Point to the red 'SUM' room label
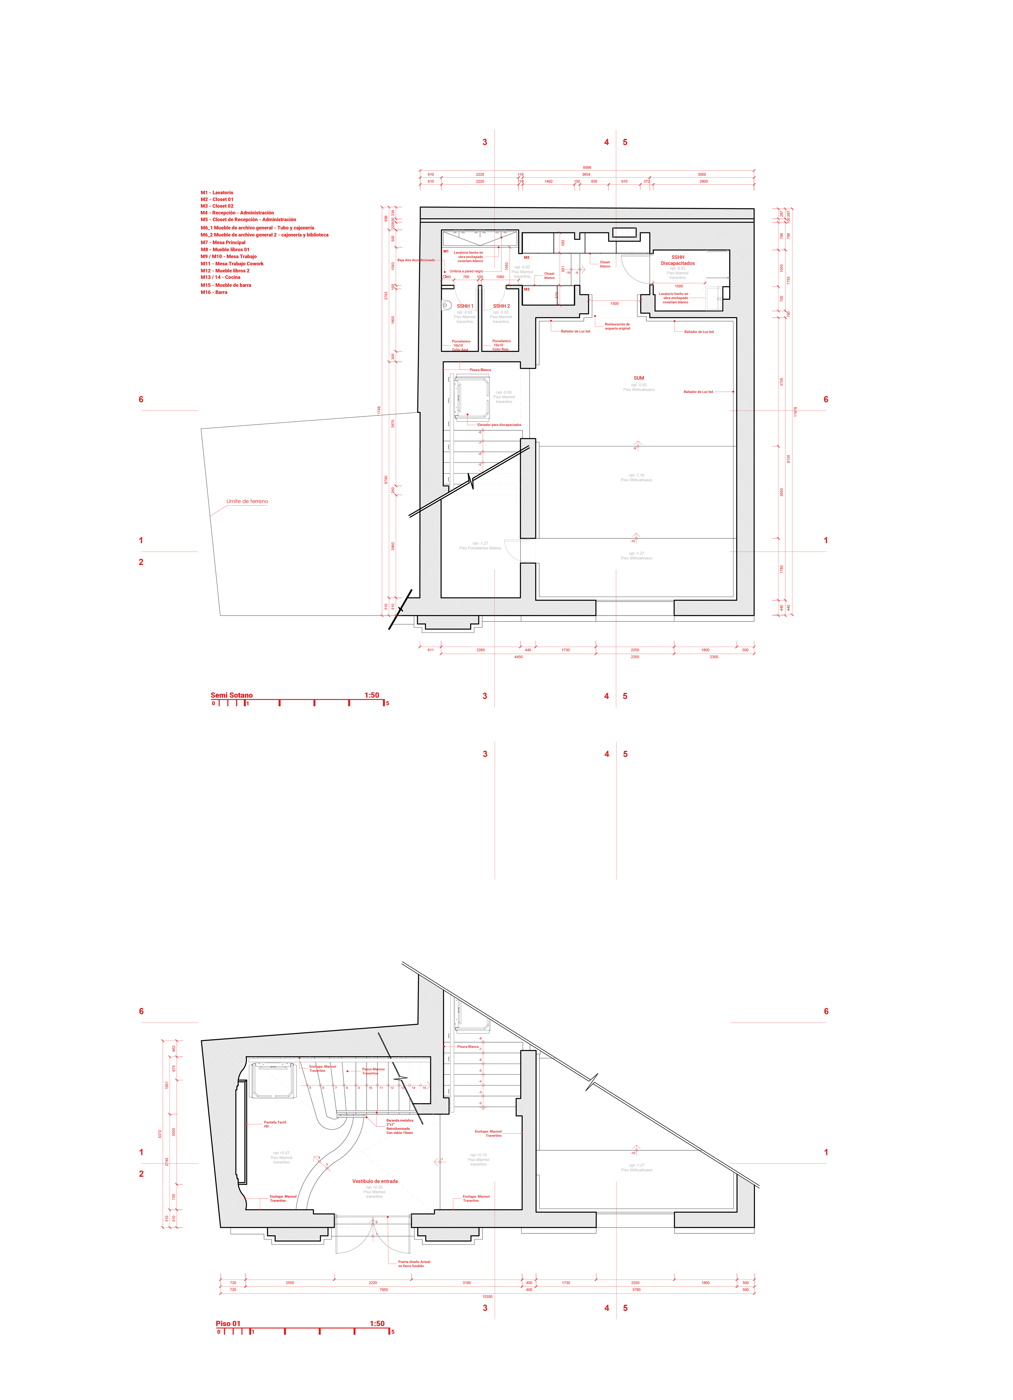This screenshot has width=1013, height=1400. click(x=639, y=378)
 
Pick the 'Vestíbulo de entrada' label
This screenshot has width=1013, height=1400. click(x=374, y=1181)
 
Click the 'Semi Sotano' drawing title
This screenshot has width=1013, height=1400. click(x=232, y=695)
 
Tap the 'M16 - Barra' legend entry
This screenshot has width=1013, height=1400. click(x=214, y=292)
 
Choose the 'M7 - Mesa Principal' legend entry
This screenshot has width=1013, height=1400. click(x=223, y=243)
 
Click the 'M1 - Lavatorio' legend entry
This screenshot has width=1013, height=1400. click(x=217, y=192)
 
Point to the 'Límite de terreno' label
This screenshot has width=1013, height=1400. click(x=247, y=501)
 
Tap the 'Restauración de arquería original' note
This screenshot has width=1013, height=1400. click(x=617, y=326)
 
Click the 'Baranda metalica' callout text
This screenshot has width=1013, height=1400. click(x=400, y=1120)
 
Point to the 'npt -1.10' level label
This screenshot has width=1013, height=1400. click(x=636, y=475)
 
